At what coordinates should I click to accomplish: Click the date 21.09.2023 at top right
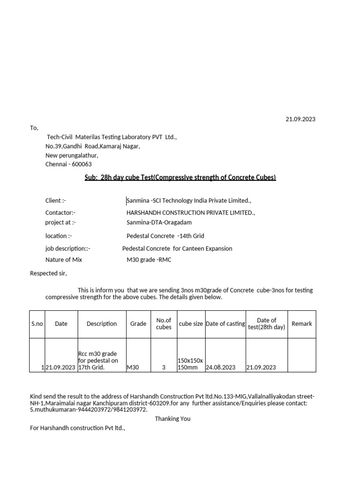coord(300,119)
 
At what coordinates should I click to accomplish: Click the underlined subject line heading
coord(180,177)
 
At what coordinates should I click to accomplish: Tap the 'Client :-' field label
coord(55,201)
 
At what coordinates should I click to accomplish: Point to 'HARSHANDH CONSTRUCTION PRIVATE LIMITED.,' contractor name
coord(187,213)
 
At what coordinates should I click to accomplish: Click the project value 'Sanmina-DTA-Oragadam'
coord(156,222)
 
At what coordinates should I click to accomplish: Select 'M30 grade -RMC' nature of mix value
coord(149,260)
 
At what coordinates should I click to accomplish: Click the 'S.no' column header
coord(37,324)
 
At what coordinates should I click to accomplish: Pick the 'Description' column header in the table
coord(101,324)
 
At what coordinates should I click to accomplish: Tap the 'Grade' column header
coord(138,324)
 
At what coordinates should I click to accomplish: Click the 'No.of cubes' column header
coord(164,323)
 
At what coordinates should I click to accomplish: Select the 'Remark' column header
coord(301,324)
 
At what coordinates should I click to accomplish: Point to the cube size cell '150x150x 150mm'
coord(190,364)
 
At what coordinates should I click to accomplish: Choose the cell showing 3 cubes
coord(164,368)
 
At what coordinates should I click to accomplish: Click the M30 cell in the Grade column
coord(134,368)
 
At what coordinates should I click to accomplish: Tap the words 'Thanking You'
coord(172,419)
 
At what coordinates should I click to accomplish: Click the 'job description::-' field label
coord(67,248)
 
